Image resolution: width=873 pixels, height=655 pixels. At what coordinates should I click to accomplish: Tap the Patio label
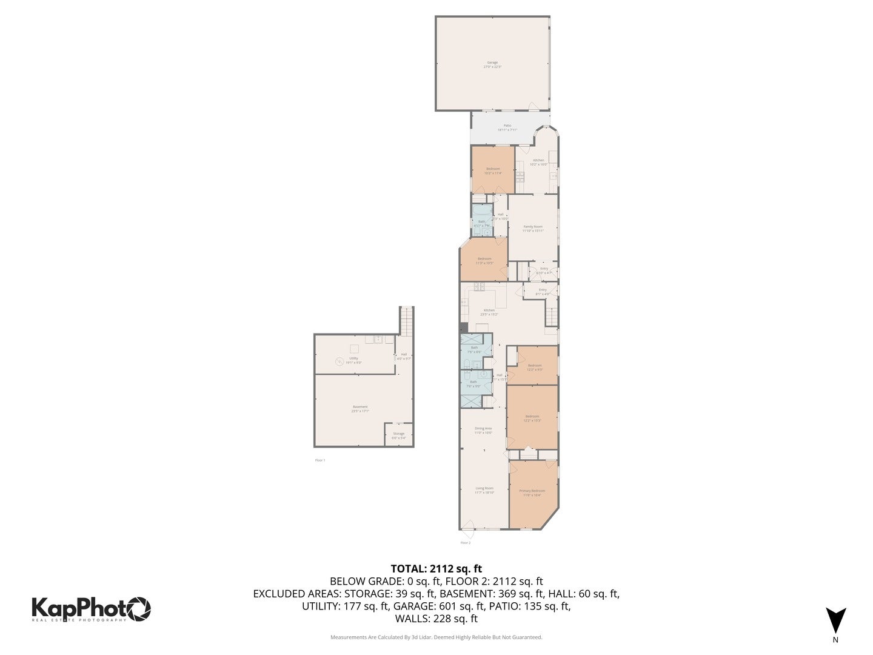pos(507,127)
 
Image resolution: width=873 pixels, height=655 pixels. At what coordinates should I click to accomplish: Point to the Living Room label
pos(484,490)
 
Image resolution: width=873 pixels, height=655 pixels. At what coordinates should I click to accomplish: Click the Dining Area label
pos(483,430)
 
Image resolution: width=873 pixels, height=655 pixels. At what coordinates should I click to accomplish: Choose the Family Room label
pos(532,228)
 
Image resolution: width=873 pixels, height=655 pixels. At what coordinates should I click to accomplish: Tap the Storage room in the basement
pos(398,435)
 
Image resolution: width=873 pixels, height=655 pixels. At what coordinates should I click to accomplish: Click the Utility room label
pos(353,360)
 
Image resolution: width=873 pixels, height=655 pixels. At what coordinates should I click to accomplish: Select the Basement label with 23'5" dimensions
pos(360,409)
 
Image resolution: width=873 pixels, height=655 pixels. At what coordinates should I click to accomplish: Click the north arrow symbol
pos(835,620)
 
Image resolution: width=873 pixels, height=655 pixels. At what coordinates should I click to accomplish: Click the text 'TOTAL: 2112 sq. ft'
pos(436,569)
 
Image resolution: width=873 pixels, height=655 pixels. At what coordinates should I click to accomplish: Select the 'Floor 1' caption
pos(320,460)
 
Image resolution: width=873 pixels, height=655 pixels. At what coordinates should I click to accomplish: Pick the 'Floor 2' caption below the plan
pos(465,543)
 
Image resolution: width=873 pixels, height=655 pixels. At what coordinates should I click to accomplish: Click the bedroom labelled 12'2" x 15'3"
pos(532,418)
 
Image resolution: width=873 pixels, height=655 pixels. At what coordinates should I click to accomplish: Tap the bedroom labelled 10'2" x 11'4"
pos(492,170)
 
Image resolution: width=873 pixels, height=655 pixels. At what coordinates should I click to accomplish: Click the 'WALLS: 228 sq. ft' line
pos(436,619)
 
